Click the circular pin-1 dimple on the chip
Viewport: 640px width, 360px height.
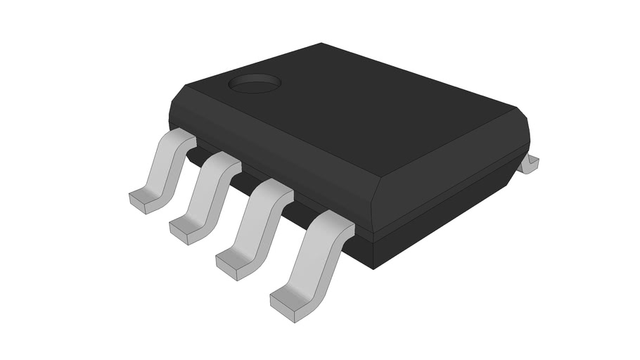click(255, 84)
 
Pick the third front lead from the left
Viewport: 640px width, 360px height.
click(258, 221)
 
